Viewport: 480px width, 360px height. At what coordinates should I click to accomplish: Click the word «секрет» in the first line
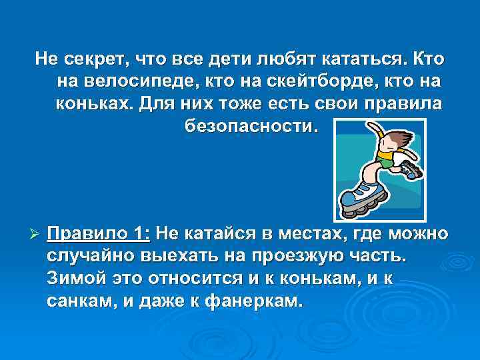pos(95,60)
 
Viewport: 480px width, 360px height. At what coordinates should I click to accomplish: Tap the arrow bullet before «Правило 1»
pos(37,235)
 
